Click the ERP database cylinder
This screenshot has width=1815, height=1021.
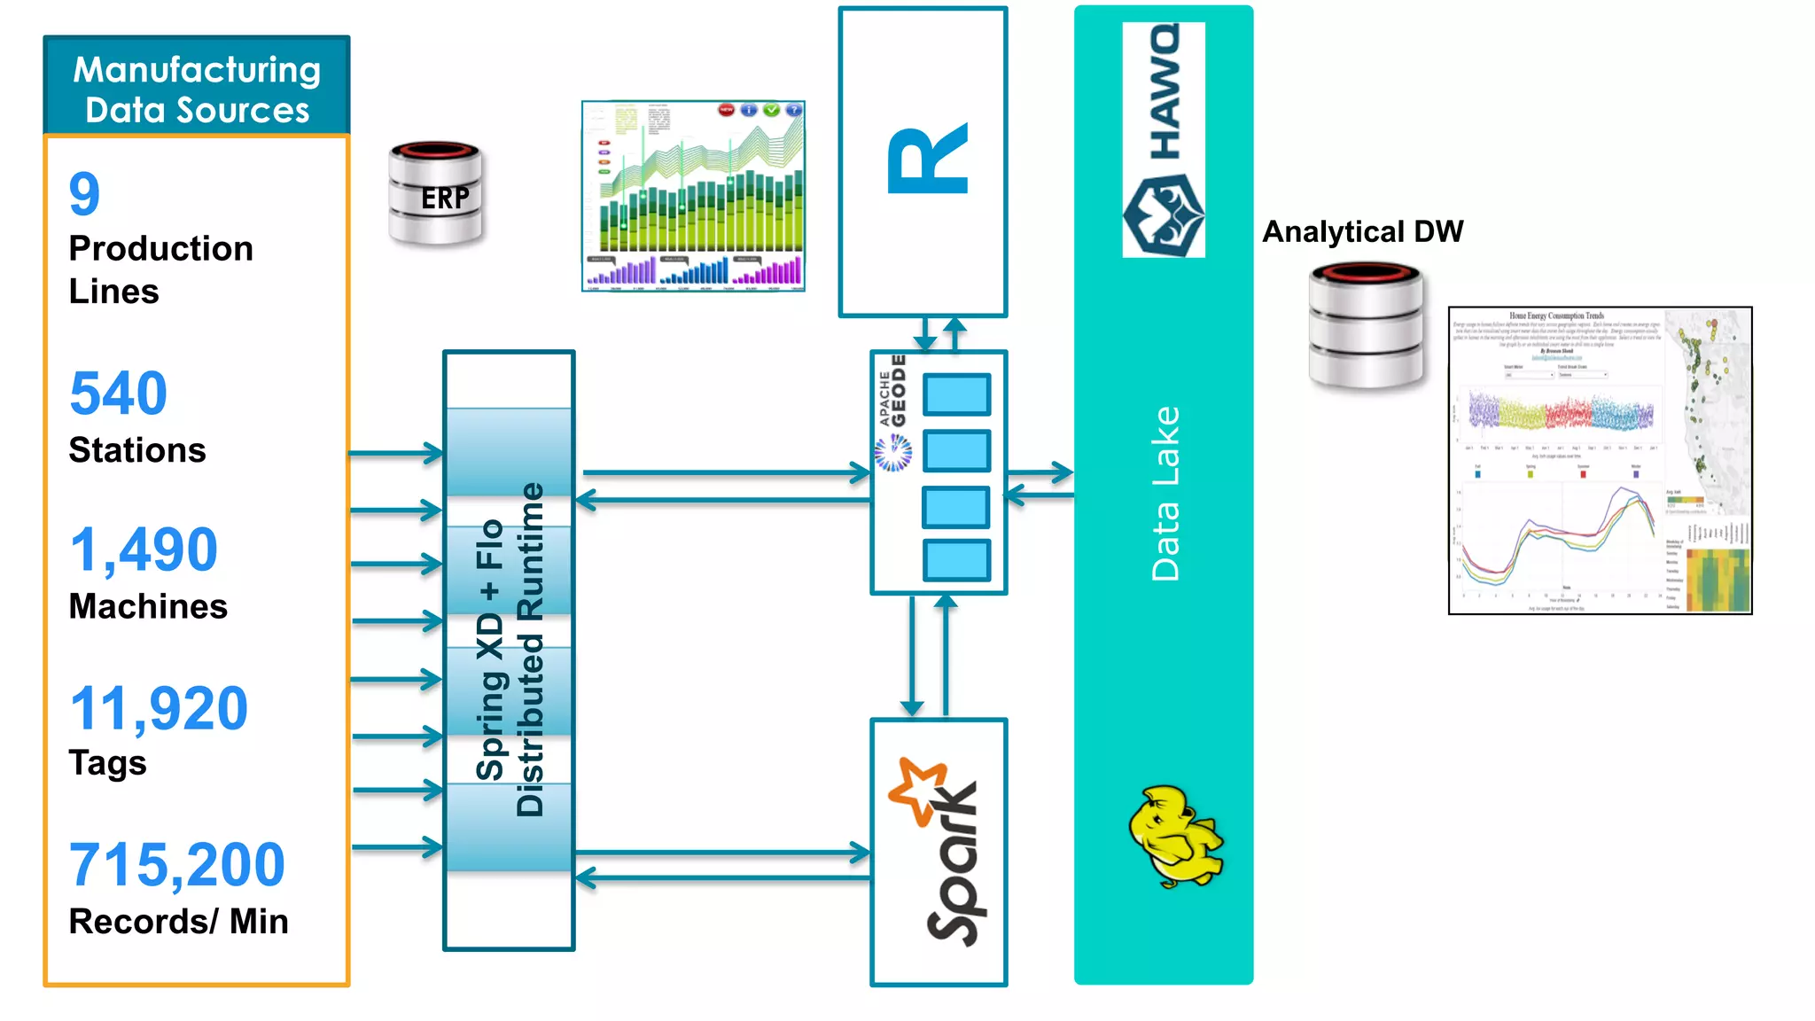[x=436, y=194]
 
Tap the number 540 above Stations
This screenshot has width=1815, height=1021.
[x=118, y=394]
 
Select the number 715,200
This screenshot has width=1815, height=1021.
[x=177, y=865]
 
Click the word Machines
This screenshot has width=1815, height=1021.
[x=148, y=606]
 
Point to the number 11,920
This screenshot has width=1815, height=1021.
[x=159, y=708]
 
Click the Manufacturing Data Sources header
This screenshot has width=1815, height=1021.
[x=197, y=89]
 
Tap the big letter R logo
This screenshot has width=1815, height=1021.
[x=927, y=160]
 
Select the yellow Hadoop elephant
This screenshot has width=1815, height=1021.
[x=1174, y=836]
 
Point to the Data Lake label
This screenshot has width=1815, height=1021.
[x=1165, y=494]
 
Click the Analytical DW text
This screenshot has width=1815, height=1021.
[x=1362, y=231]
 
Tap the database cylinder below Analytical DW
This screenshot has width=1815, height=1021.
[x=1366, y=325]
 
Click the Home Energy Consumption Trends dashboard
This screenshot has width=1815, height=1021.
[x=1600, y=460]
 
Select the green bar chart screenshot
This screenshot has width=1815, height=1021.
[x=693, y=196]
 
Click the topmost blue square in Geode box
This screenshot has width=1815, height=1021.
[x=956, y=394]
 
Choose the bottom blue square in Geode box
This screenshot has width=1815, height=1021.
[x=956, y=560]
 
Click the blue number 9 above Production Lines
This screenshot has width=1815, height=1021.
[x=85, y=194]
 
